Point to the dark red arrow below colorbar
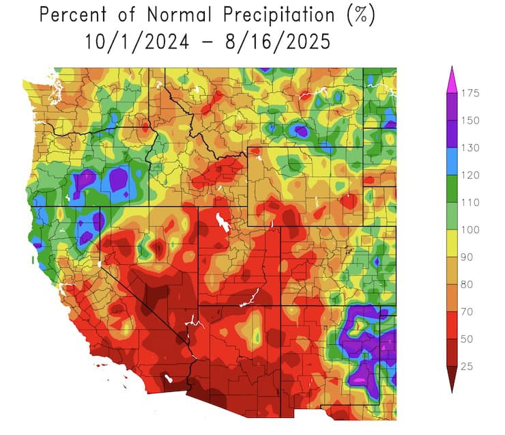click(450, 379)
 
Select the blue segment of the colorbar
click(450, 162)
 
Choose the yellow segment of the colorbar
click(450, 244)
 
